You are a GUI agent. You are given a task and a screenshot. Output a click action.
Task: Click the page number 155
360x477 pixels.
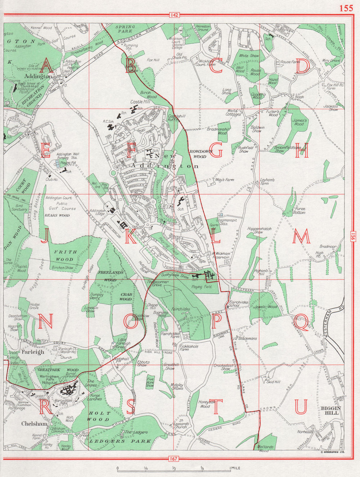(346, 8)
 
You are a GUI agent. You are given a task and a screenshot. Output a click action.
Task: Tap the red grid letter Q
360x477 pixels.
(302, 321)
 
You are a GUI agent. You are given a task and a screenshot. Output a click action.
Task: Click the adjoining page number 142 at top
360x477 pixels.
(174, 15)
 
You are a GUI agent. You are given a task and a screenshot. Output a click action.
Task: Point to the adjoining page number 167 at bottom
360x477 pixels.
(174, 458)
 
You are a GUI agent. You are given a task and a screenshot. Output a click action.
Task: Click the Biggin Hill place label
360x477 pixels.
(330, 410)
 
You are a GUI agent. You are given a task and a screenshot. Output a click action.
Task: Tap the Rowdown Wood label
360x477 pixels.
(198, 154)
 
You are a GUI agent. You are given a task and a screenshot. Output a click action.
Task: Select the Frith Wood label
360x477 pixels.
(64, 256)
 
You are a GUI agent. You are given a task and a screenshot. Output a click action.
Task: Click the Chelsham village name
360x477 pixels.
(34, 424)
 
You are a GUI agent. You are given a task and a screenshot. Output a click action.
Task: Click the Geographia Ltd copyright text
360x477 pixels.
(332, 451)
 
